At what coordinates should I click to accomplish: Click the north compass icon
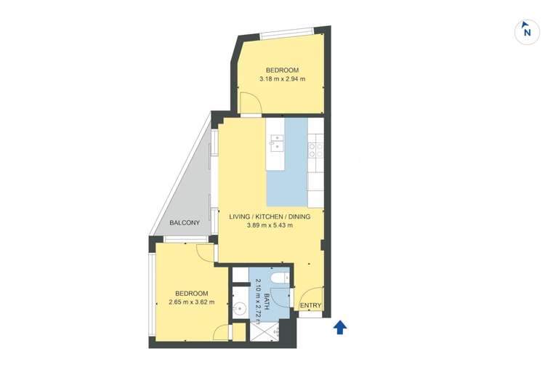pos(527,32)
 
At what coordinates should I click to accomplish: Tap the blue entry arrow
pos(340,327)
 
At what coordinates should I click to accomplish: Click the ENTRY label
pos(310,305)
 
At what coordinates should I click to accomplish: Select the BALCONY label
pos(185,223)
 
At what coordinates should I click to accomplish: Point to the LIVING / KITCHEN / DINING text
pos(270,217)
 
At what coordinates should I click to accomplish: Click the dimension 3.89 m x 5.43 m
pos(270,225)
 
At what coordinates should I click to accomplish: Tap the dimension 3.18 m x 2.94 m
pos(282,79)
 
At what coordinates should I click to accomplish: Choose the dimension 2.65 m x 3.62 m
pos(192,302)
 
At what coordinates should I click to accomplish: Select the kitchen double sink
pos(277,143)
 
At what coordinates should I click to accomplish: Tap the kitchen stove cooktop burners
pos(315,150)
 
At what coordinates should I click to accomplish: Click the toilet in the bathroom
pos(280,278)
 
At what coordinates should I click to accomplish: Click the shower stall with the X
pos(265,331)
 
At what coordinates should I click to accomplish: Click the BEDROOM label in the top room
pos(282,70)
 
